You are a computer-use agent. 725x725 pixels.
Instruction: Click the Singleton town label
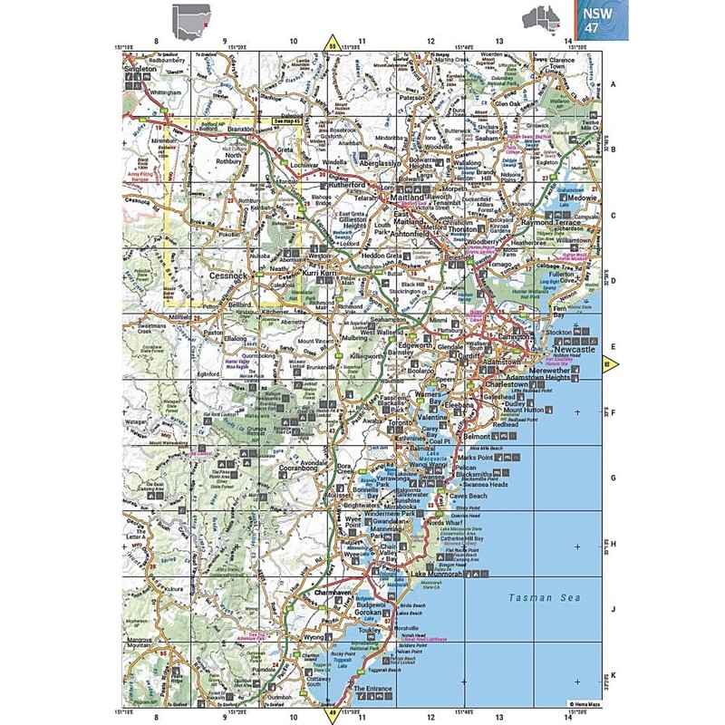[140, 68]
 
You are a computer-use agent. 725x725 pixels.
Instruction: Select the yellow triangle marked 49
[332, 715]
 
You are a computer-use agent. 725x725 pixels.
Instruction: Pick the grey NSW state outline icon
[192, 18]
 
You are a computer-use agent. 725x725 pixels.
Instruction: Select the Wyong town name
[309, 638]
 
